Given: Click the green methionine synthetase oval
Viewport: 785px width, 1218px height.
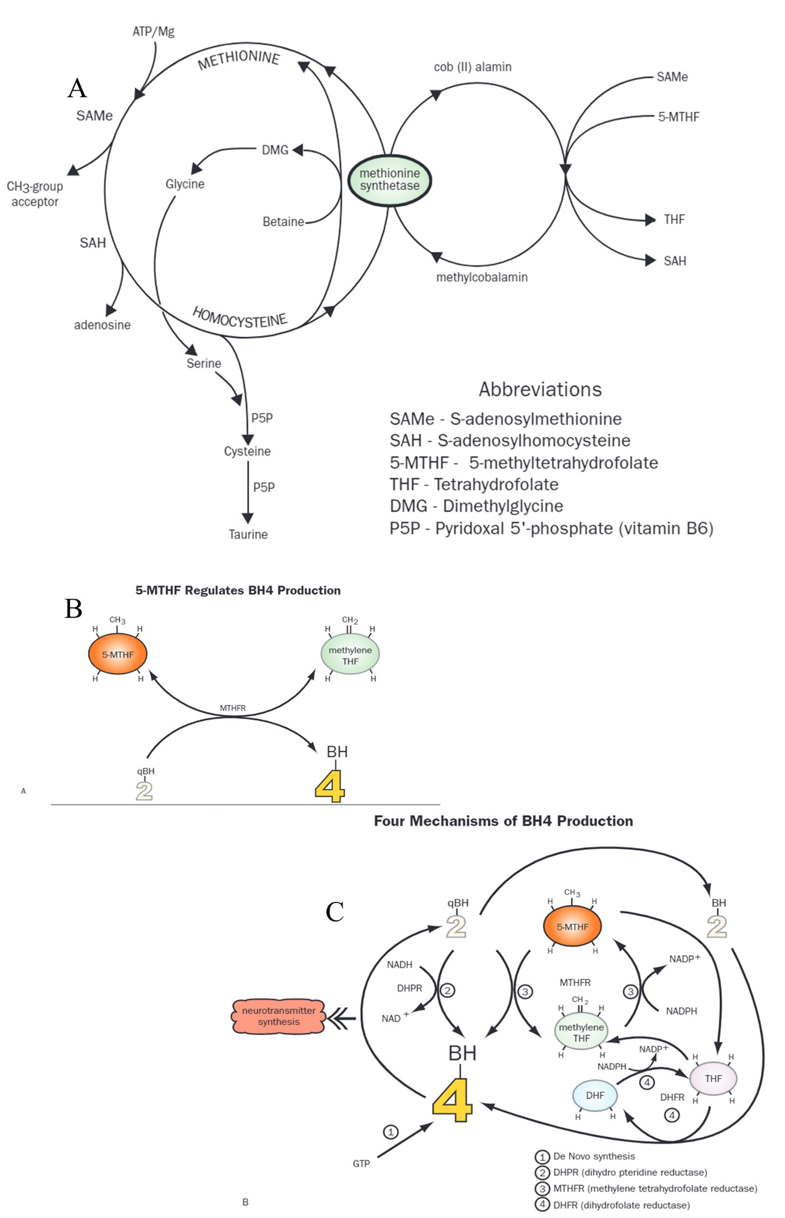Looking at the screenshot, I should click(x=389, y=180).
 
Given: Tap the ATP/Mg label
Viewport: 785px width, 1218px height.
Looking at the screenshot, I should click(x=153, y=32).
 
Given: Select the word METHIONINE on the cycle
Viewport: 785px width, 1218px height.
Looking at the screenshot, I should click(x=239, y=60).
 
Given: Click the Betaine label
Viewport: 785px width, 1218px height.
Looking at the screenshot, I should click(x=283, y=222).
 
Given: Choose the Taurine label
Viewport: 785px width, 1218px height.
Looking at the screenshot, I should click(x=248, y=535).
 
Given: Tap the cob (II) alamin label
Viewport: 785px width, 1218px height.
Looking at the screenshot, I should click(x=472, y=67).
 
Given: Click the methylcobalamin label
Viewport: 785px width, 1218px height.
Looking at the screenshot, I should click(x=482, y=277).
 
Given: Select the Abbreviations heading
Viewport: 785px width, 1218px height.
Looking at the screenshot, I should click(x=540, y=389).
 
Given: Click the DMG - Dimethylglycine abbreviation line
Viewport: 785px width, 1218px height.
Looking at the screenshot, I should click(x=476, y=506).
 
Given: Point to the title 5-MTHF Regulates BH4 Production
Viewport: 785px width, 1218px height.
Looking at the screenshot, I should click(x=238, y=590).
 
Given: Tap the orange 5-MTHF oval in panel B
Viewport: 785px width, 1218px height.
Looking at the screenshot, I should click(x=118, y=655).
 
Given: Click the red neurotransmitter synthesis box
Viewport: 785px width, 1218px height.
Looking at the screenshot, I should click(x=278, y=1016).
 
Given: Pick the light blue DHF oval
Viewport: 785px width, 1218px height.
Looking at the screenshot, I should click(x=595, y=1095).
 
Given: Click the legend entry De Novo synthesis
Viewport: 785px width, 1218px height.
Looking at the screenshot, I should click(x=594, y=1156).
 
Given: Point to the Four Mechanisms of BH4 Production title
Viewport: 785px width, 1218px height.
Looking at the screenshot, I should click(x=503, y=821).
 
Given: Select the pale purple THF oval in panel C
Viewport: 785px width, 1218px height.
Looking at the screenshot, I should click(x=713, y=1078).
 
